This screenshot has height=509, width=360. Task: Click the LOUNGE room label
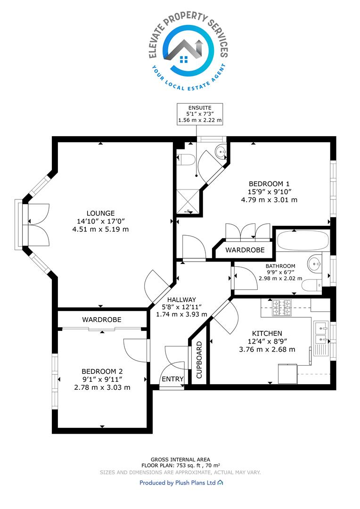point(101,213)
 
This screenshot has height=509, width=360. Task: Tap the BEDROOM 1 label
point(269,184)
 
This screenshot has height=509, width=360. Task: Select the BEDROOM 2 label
point(102,371)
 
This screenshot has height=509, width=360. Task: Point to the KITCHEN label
point(267,333)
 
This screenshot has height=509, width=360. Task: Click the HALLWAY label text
point(181,300)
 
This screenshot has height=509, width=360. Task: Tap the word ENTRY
point(172,379)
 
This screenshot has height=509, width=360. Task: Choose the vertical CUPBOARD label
point(199,360)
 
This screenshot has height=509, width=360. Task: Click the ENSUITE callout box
point(200,114)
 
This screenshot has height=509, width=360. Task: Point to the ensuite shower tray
point(188,202)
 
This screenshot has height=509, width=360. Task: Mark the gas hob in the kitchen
point(282,307)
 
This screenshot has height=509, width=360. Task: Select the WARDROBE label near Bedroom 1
point(245,250)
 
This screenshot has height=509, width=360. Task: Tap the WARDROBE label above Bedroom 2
point(102,320)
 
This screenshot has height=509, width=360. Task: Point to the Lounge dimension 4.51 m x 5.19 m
point(101,229)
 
